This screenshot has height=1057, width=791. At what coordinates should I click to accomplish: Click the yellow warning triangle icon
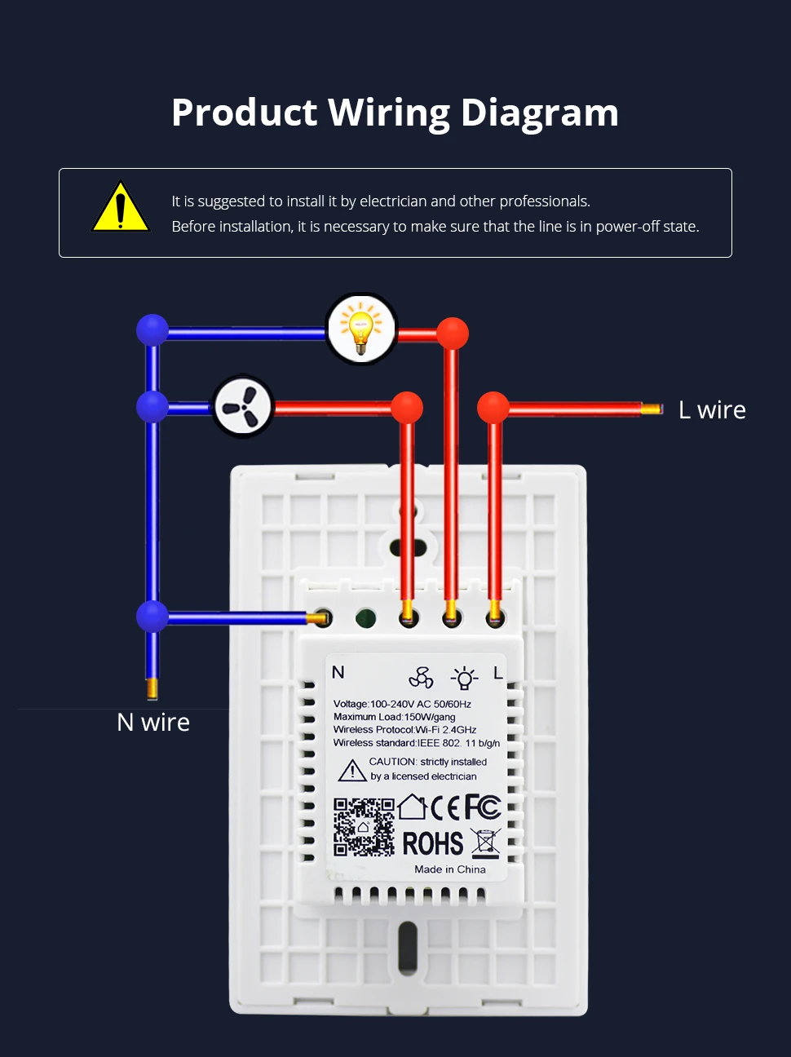point(121,208)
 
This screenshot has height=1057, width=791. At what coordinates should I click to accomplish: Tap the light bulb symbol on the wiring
point(360,329)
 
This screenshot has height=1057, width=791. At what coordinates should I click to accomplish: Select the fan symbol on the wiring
point(243,406)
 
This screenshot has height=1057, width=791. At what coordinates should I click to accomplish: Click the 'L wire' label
point(712,409)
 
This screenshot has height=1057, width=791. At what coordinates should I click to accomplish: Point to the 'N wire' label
point(153,722)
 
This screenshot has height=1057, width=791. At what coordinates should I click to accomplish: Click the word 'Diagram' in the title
point(539,113)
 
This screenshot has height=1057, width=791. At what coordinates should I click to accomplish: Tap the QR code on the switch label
point(364,826)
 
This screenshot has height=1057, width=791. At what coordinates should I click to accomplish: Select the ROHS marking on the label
point(433,843)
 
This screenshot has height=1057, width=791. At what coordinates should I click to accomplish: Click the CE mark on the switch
point(445,807)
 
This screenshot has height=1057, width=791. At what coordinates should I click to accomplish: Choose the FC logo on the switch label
point(483,807)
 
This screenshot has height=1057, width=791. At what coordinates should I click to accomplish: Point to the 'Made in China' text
point(449,869)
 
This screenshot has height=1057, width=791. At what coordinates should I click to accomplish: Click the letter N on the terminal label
point(338,672)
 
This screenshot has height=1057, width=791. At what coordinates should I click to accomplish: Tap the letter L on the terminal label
point(497,673)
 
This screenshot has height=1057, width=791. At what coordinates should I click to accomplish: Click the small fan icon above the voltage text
point(421,678)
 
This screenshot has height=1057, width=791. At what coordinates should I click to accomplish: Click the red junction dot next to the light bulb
point(452,333)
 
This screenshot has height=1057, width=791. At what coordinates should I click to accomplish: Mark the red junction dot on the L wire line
point(493,407)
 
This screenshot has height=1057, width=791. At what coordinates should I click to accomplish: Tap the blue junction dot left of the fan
point(152,406)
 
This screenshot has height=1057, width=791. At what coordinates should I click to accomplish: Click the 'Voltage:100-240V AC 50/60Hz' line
point(402,704)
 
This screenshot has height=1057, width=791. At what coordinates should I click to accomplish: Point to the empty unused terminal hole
point(366,618)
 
